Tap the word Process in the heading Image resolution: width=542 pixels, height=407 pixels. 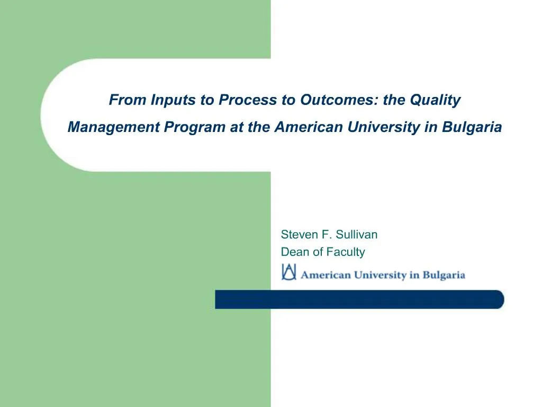click(x=248, y=100)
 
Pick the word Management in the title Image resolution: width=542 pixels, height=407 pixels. click(x=114, y=128)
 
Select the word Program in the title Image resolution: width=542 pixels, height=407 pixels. click(x=195, y=128)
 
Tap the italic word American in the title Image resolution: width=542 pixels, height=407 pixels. click(x=309, y=127)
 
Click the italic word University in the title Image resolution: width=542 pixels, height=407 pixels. click(x=383, y=128)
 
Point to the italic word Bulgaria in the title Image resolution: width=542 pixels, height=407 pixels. click(x=472, y=128)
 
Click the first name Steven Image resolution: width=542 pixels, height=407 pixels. click(x=300, y=235)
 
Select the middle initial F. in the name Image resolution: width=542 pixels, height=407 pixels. click(x=327, y=235)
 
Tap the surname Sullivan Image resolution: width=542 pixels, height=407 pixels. click(x=357, y=235)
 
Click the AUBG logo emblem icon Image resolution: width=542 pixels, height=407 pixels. click(x=289, y=272)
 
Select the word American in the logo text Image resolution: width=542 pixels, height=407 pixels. click(x=326, y=275)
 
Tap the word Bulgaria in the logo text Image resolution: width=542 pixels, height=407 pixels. click(x=444, y=276)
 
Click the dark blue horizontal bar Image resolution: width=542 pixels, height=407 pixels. click(x=359, y=299)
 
